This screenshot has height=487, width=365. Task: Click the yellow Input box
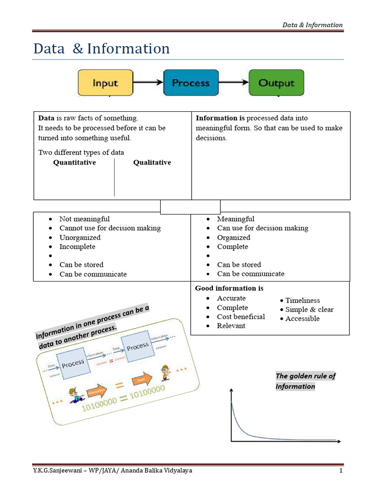coord(105,83)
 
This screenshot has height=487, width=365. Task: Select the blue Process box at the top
coord(191,83)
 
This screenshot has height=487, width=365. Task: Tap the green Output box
coord(276,83)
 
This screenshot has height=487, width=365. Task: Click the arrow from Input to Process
coord(148,83)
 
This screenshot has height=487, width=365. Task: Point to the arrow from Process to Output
coord(234,83)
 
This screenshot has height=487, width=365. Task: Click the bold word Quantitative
coord(74,163)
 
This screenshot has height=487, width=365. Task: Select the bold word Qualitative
coord(152,163)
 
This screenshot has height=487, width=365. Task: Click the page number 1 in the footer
coord(341,471)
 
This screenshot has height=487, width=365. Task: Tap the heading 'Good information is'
coord(229,288)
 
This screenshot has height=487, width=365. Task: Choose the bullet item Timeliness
coord(302,301)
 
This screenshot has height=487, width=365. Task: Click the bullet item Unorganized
coord(80,237)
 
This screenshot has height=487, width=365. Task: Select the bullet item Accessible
coord(302,319)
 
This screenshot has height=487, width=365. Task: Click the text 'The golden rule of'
coord(305,376)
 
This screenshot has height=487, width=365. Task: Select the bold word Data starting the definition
coord(46,118)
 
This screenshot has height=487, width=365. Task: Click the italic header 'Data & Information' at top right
coord(312,25)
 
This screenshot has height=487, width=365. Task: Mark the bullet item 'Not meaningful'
coord(84,219)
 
